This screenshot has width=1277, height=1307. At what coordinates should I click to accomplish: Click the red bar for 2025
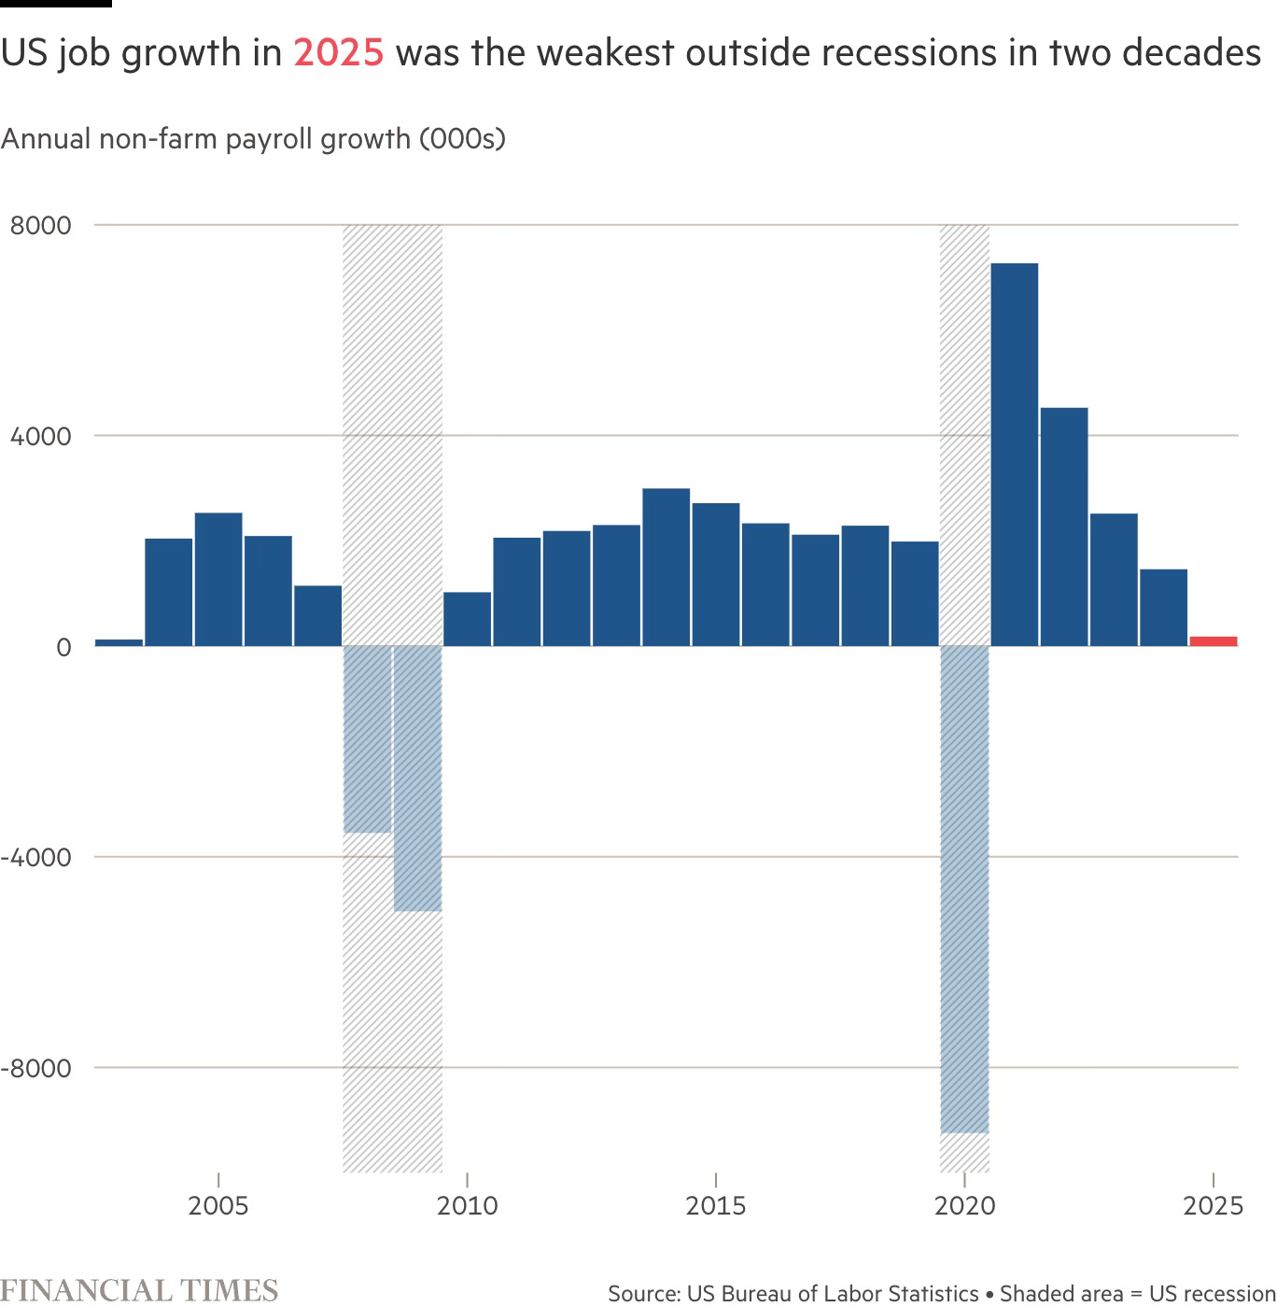point(1213,640)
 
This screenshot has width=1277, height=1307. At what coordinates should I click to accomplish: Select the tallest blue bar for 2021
point(1014,455)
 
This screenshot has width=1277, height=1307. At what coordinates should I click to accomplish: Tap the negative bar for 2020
point(964,888)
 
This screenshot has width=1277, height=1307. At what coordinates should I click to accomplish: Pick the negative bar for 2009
point(417,778)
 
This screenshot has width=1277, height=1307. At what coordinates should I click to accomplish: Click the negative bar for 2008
point(368,738)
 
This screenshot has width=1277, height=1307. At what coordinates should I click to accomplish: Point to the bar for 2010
point(467,618)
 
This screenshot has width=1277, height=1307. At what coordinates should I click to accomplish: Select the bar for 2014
point(666,567)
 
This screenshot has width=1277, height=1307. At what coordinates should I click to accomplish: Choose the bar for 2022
point(1064,527)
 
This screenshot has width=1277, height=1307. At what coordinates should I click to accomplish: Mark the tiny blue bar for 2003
point(119,642)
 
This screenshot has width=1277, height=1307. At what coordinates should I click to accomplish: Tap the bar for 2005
point(218,579)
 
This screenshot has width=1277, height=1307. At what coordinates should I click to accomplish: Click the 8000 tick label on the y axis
point(40,226)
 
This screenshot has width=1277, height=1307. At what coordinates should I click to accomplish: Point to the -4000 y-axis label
point(35,857)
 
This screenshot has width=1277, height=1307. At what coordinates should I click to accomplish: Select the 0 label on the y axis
point(63,647)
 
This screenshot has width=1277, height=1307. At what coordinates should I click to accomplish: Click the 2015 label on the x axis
point(715,1205)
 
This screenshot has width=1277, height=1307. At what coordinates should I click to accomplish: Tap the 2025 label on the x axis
point(1213,1205)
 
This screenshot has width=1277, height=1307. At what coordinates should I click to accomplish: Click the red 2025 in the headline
point(338,53)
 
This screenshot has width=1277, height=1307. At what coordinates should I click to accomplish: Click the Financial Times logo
point(139,1290)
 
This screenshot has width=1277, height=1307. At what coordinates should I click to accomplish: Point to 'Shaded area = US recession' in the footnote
point(1137,1293)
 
